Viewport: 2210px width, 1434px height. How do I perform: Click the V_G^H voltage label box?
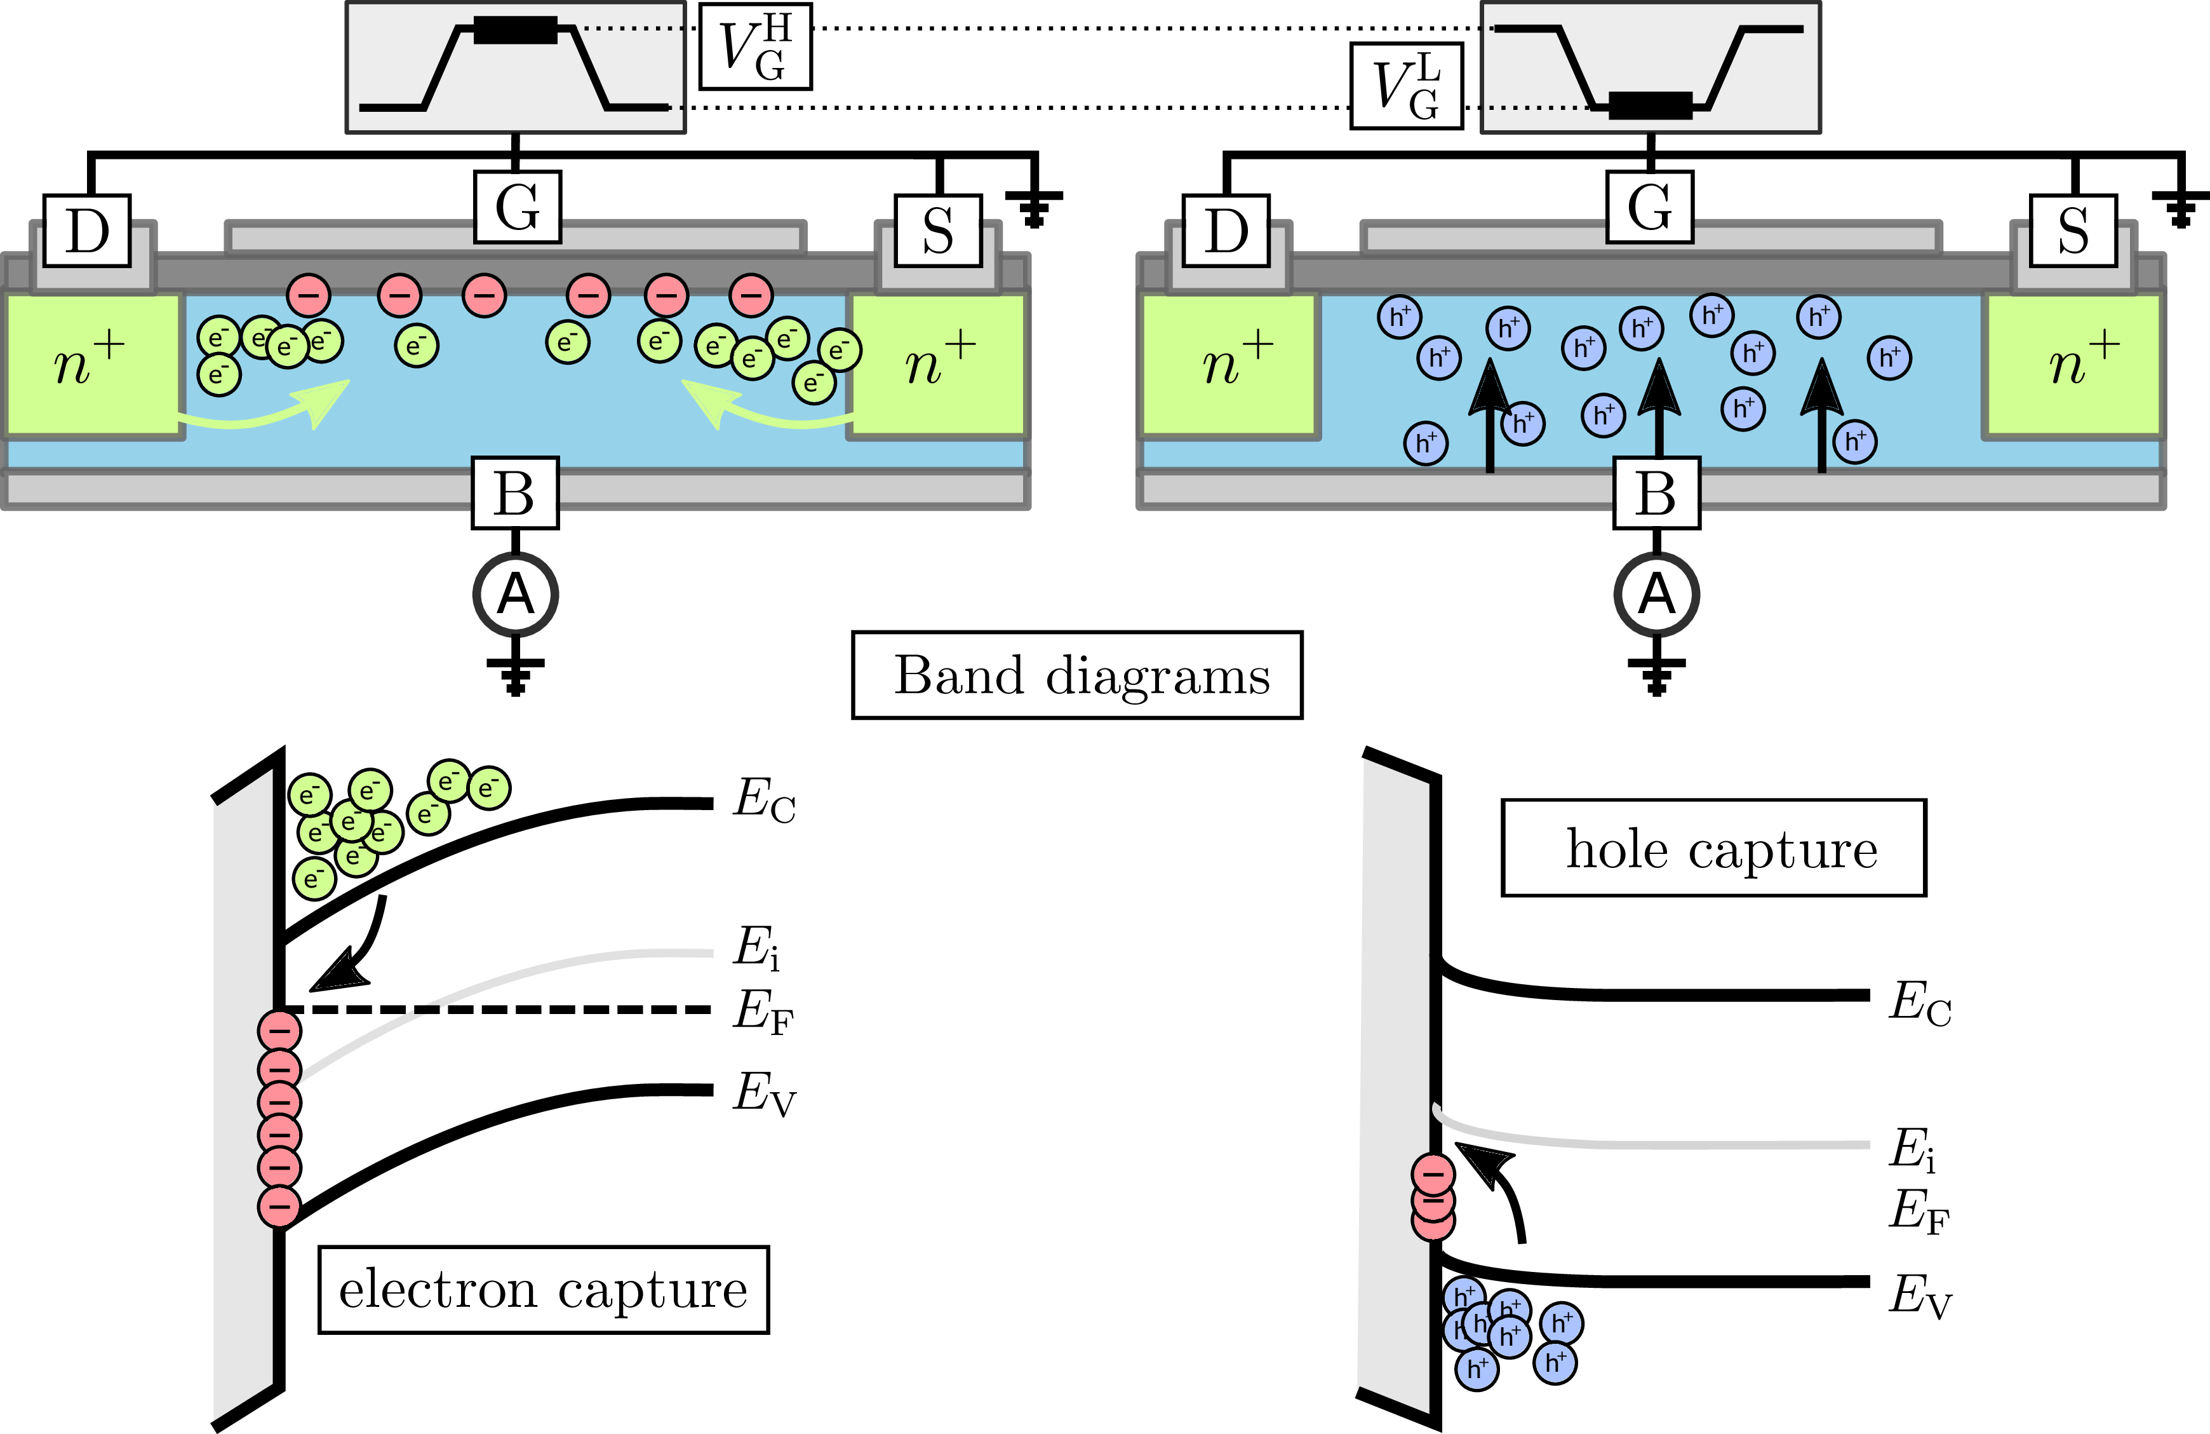click(755, 46)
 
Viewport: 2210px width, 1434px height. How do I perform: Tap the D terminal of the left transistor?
click(87, 231)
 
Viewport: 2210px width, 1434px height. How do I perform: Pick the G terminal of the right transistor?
click(1649, 206)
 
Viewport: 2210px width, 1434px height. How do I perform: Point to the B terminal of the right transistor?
click(1657, 493)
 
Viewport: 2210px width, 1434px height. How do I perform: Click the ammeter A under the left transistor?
click(516, 595)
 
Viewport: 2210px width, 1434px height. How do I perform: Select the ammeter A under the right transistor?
click(1657, 595)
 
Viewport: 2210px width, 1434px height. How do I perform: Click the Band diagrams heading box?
click(1077, 675)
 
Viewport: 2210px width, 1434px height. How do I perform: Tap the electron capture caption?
click(543, 1290)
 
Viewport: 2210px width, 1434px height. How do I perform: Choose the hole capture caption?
click(1714, 848)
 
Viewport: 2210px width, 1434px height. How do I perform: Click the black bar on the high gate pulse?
click(516, 30)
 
